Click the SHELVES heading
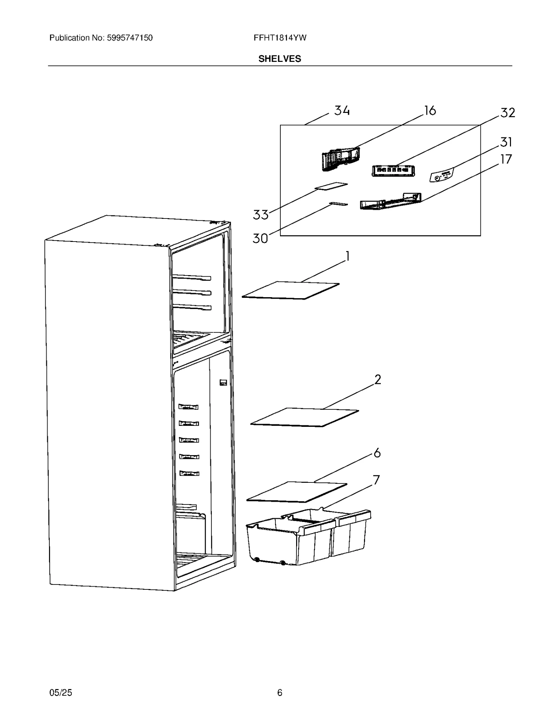click(280, 59)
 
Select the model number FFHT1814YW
click(280, 38)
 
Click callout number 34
click(342, 110)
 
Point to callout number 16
click(430, 110)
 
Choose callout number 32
click(507, 113)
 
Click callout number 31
click(506, 142)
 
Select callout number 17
click(506, 159)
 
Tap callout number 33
click(261, 215)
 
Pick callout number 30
click(260, 238)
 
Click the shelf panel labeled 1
click(290, 290)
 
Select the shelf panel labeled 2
click(304, 417)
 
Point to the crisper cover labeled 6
click(297, 491)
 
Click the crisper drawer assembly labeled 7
click(308, 538)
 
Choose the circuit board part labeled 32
click(393, 171)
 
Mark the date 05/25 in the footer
click(61, 693)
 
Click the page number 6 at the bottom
click(280, 693)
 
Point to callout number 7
click(376, 480)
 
